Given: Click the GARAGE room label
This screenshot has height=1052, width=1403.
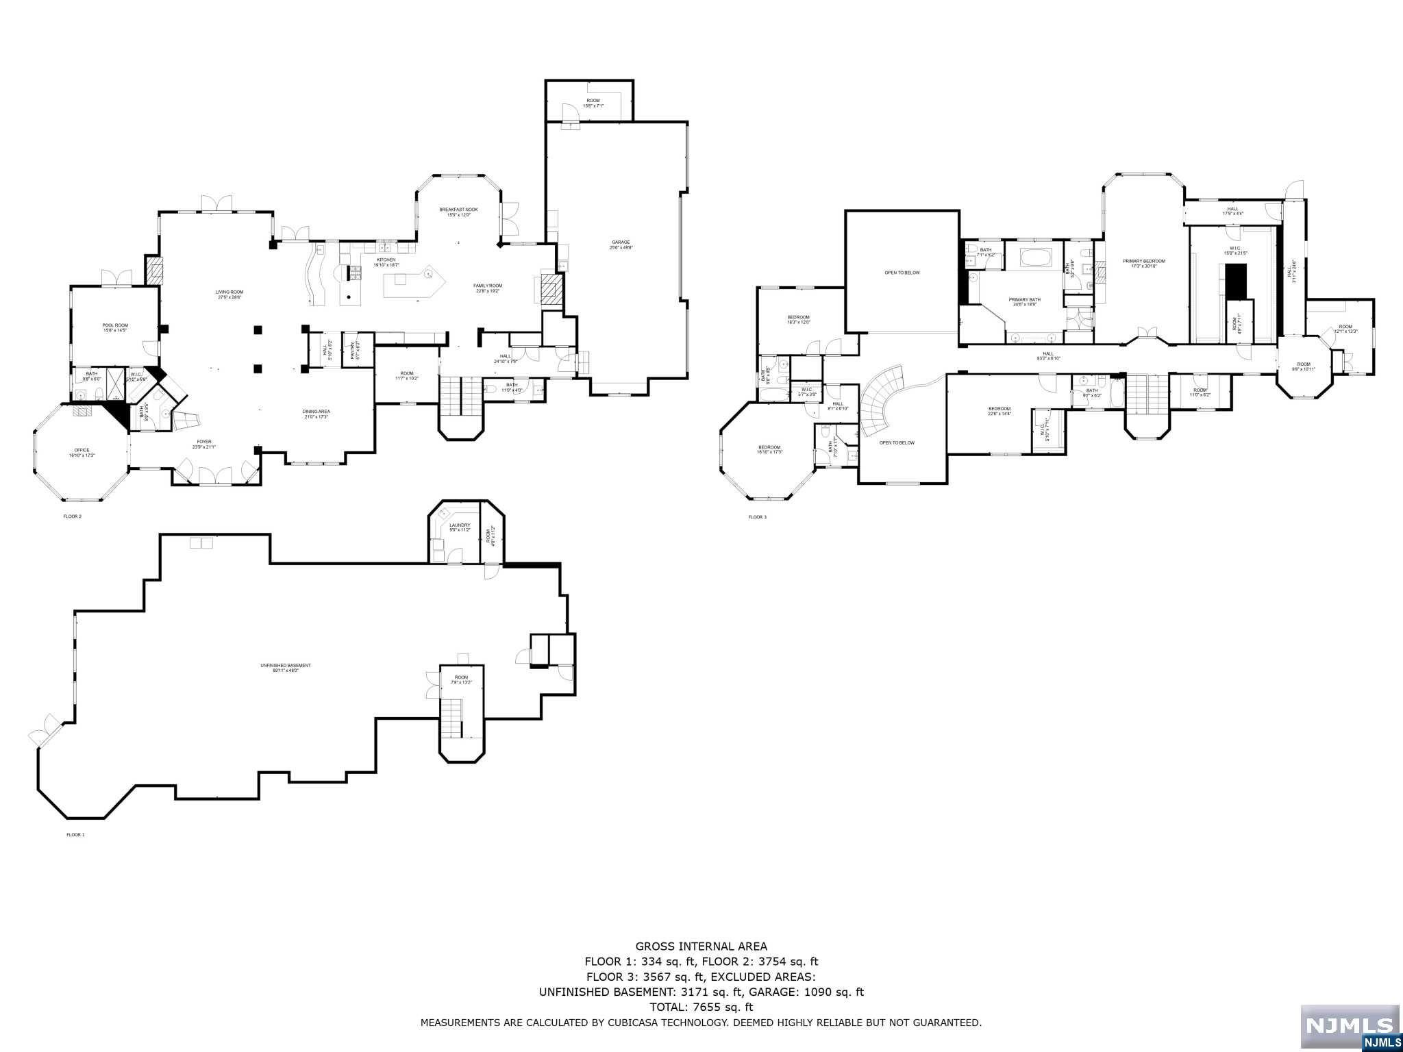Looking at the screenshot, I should (621, 245).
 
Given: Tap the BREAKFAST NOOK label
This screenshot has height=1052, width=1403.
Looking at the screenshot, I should (458, 212).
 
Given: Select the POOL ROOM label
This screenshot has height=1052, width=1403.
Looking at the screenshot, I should (115, 328).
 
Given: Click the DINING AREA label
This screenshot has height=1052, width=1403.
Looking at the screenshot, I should (316, 414).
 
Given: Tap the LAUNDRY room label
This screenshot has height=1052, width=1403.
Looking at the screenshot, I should (460, 527).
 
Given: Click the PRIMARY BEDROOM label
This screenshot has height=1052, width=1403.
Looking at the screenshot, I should (1143, 264).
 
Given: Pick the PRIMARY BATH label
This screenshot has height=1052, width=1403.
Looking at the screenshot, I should (1024, 302).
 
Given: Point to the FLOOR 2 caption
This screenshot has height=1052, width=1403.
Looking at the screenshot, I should (72, 516).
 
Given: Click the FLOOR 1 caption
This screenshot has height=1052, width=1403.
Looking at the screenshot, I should (75, 835).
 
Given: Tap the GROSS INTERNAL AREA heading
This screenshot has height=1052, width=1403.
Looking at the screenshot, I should (701, 947).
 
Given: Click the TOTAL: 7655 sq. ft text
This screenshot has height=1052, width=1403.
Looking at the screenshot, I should (701, 1007).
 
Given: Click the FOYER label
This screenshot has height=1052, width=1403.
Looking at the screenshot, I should (203, 444).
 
